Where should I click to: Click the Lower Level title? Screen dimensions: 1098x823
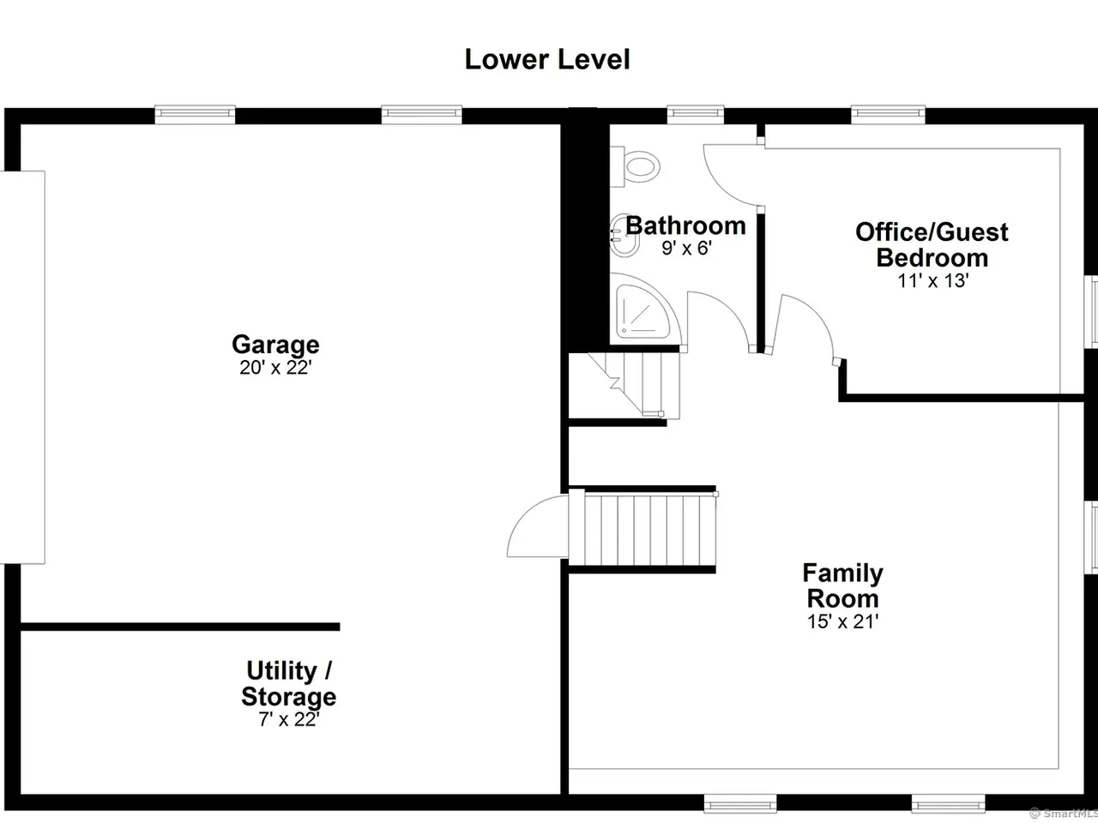pyautogui.click(x=547, y=59)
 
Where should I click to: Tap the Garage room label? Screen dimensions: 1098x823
pyautogui.click(x=275, y=345)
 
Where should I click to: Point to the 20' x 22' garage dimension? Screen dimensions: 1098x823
pyautogui.click(x=275, y=368)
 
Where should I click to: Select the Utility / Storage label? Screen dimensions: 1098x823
pyautogui.click(x=288, y=683)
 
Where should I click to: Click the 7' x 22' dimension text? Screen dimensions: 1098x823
pyautogui.click(x=288, y=719)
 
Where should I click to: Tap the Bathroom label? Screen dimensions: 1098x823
pyautogui.click(x=685, y=225)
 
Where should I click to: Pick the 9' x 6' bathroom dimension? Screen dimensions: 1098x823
pyautogui.click(x=686, y=248)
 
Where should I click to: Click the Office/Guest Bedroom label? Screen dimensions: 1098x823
pyautogui.click(x=932, y=245)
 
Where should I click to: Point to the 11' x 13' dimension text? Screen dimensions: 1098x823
pyautogui.click(x=933, y=280)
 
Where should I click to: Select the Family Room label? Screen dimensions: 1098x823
pyautogui.click(x=843, y=586)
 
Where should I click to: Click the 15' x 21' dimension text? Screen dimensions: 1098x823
pyautogui.click(x=843, y=622)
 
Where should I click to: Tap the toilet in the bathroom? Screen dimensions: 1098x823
pyautogui.click(x=636, y=167)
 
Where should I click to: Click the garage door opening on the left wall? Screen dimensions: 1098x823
pyautogui.click(x=22, y=367)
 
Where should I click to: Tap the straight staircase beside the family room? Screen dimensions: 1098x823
pyautogui.click(x=643, y=529)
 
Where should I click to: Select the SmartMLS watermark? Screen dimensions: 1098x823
pyautogui.click(x=1063, y=813)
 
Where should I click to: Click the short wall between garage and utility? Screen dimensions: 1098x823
pyautogui.click(x=180, y=627)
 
